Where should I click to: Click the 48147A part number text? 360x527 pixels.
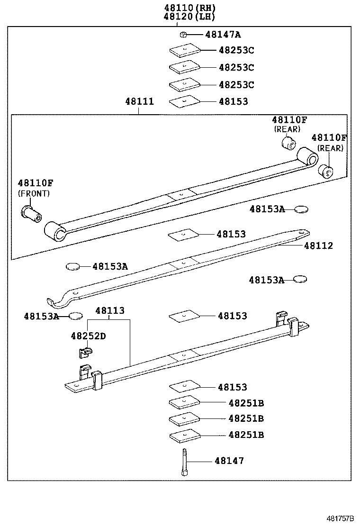[223, 34]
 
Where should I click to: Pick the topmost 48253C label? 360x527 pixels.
[236, 50]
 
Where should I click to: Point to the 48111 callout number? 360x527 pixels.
[139, 101]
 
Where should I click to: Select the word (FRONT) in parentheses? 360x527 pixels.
[34, 193]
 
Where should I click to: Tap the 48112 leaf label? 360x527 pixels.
[318, 245]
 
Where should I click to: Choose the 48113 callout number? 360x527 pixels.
[109, 311]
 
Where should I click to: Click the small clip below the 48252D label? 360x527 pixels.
[84, 352]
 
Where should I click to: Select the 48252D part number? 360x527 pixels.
[88, 336]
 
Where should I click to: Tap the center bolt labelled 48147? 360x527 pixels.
[184, 463]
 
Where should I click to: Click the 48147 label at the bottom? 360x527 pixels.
[229, 461]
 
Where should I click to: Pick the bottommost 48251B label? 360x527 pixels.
[246, 435]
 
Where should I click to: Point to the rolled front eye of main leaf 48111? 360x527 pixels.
[54, 232]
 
